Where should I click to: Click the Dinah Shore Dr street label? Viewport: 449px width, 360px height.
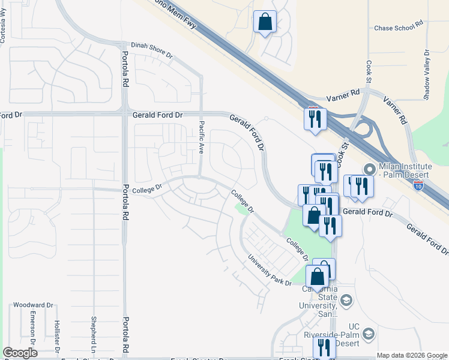152,51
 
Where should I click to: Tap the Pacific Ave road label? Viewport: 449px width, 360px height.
202,136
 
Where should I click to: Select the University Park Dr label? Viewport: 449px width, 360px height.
270,271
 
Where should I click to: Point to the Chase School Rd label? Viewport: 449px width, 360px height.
399,28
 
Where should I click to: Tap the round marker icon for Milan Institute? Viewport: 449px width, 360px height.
369,170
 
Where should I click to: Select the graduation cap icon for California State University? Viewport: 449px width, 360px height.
346,300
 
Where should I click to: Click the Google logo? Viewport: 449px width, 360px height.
20,353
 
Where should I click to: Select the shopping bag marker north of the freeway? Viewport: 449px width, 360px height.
265,23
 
